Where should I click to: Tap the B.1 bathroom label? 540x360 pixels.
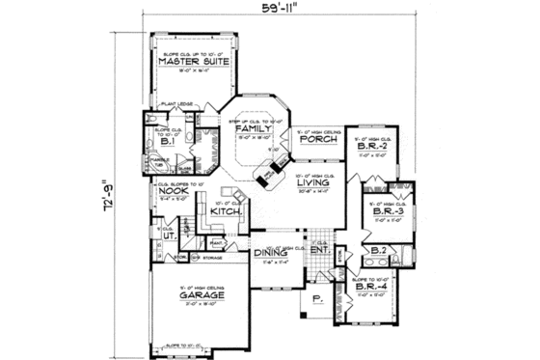(x=166, y=140)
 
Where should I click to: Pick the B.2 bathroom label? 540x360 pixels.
(x=379, y=252)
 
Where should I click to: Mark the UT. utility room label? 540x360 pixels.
(x=167, y=235)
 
